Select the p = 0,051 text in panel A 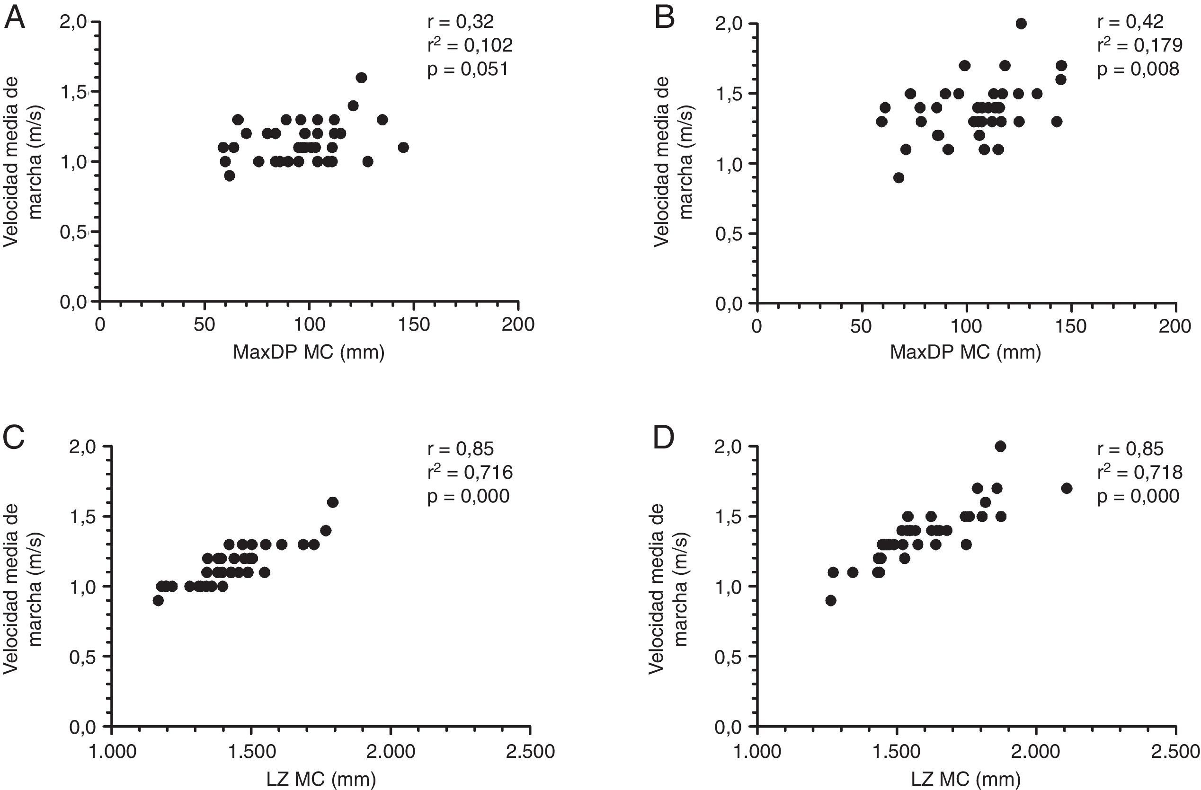coord(468,69)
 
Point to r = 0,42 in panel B coord(1130,22)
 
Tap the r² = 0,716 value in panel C coord(470,473)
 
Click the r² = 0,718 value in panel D coord(1139,473)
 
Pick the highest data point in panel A coord(361,78)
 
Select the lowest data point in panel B coord(899,177)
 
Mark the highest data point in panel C coord(332,502)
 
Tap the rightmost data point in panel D coord(1067,488)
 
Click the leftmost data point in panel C coord(158,600)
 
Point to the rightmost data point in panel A coord(403,147)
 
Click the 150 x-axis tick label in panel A coord(414,324)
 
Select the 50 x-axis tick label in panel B coord(861,326)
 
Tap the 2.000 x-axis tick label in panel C coord(391,751)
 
